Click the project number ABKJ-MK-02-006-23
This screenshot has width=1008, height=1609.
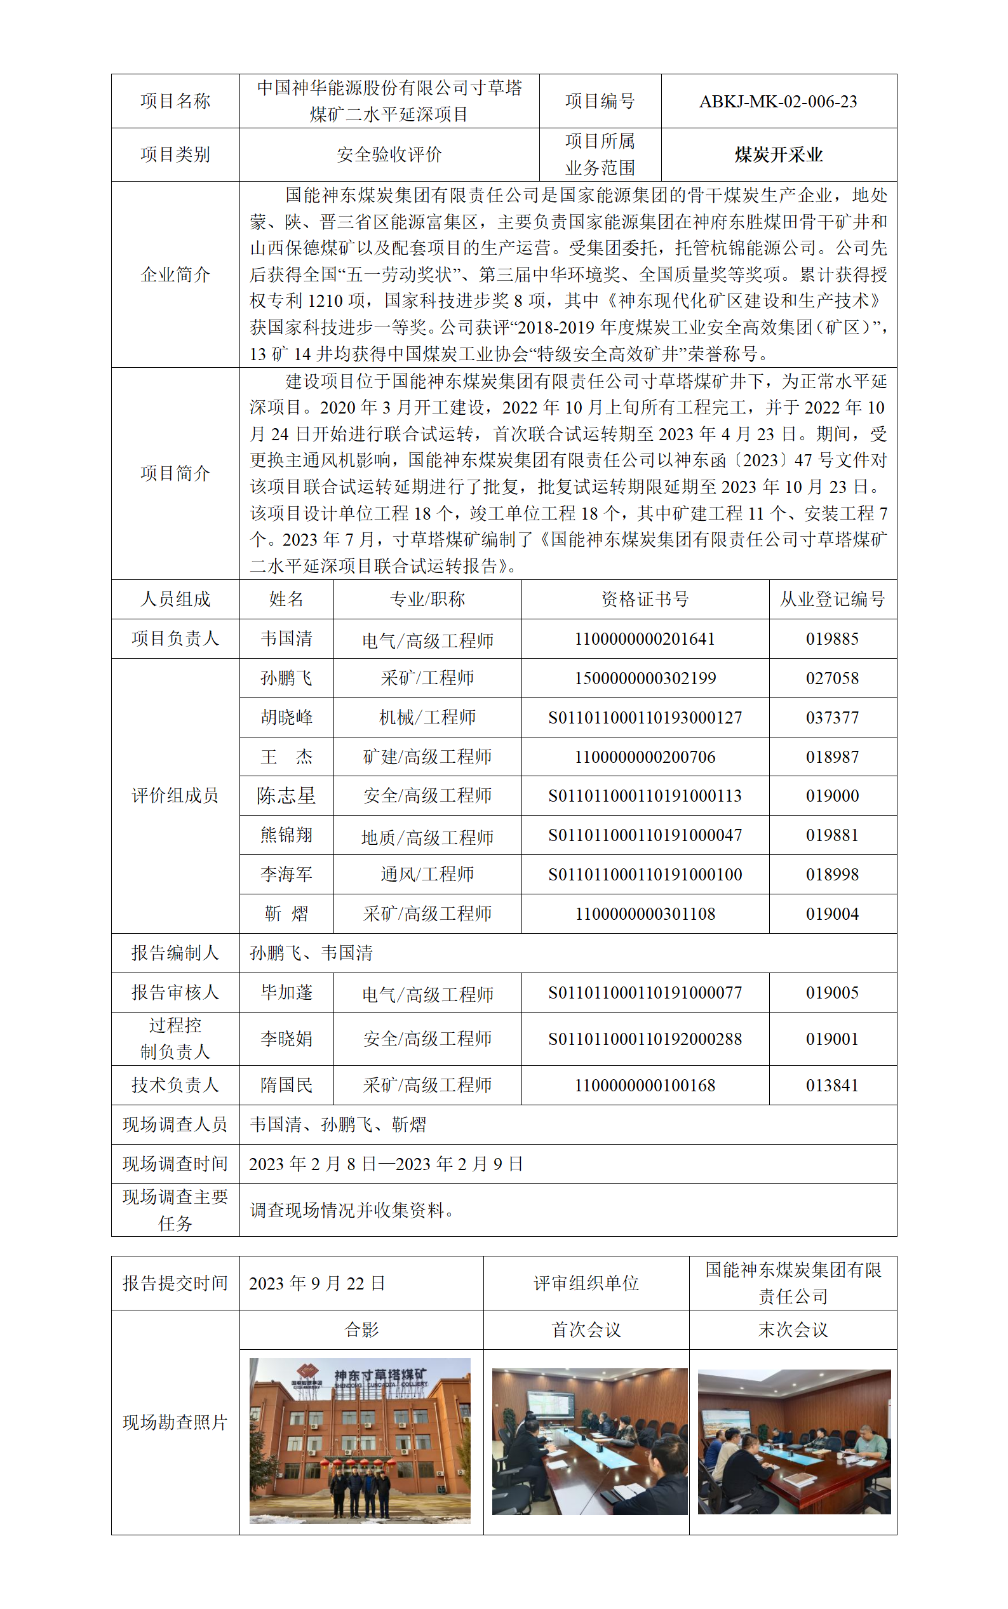777,101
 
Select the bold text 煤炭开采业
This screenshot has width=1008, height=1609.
778,154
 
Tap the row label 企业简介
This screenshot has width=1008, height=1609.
175,274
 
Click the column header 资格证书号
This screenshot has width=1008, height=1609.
645,598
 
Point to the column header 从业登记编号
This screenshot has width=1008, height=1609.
832,598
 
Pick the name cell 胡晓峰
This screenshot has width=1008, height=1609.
286,717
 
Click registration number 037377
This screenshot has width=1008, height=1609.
832,717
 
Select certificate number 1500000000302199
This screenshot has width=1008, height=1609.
645,678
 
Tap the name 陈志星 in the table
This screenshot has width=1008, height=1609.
286,795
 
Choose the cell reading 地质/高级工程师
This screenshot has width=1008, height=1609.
427,837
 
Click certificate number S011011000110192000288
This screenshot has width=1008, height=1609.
645,1039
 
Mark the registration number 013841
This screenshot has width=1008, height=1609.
832,1085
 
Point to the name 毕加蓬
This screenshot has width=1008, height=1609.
286,992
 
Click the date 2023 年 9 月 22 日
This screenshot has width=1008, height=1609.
318,1283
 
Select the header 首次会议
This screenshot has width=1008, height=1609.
586,1330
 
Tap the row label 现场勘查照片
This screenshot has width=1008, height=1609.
175,1422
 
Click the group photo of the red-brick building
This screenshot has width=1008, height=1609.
360,1439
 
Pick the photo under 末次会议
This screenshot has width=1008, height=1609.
793,1441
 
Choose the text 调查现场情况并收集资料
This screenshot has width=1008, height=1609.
348,1209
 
